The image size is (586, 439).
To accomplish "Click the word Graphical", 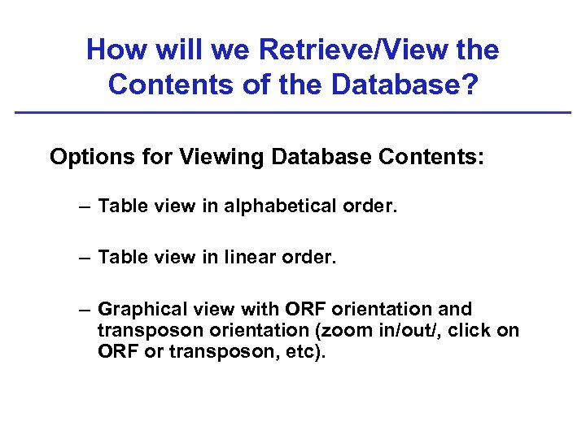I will (x=143, y=310).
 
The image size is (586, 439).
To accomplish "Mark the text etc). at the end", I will (x=302, y=353).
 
